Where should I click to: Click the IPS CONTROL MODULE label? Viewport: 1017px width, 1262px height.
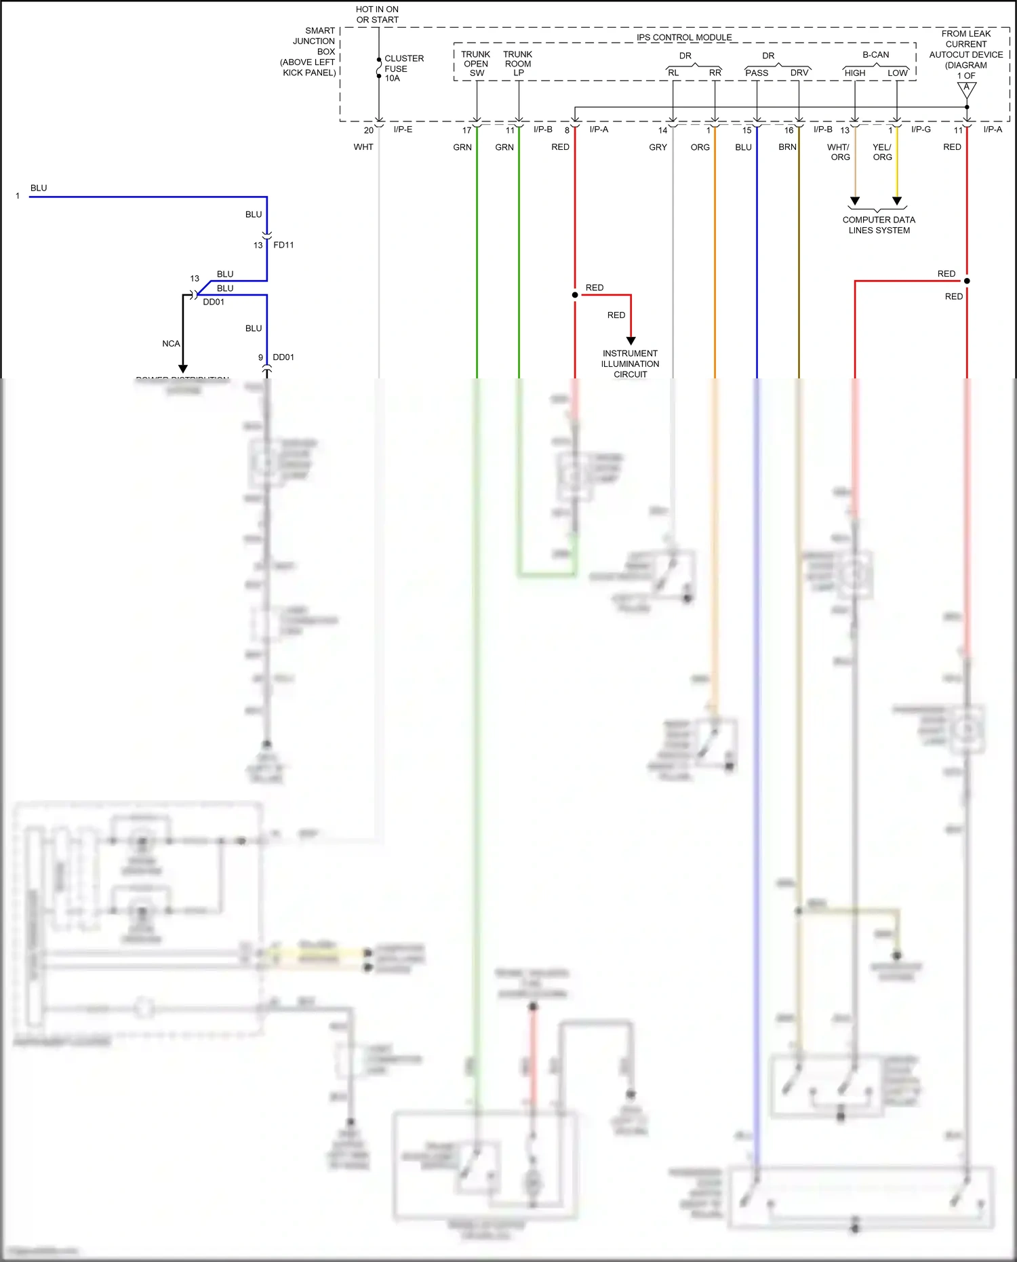pyautogui.click(x=683, y=37)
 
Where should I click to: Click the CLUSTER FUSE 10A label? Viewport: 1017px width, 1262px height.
pyautogui.click(x=403, y=68)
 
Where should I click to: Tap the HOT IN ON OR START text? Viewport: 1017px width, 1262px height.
pyautogui.click(x=377, y=14)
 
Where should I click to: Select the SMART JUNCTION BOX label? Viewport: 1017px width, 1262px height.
pyautogui.click(x=310, y=52)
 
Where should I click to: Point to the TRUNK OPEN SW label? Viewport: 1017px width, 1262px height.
pyautogui.click(x=476, y=64)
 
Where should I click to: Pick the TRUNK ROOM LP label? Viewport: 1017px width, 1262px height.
pyautogui.click(x=518, y=64)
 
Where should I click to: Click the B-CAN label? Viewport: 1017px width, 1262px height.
pyautogui.click(x=875, y=55)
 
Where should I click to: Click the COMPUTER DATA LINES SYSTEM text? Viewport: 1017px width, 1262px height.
pyautogui.click(x=879, y=225)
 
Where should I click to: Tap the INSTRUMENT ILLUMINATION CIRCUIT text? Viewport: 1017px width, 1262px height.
pyautogui.click(x=630, y=363)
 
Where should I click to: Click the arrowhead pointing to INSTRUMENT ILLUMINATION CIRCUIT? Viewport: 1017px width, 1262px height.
pyautogui.click(x=631, y=340)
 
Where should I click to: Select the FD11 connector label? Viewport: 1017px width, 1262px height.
pyautogui.click(x=283, y=245)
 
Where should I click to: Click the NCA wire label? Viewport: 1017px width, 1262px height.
pyautogui.click(x=171, y=344)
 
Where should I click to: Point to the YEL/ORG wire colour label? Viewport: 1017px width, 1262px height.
pyautogui.click(x=882, y=152)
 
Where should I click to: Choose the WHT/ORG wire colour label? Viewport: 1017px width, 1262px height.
pyautogui.click(x=839, y=152)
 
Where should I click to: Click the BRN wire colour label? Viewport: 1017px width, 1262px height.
pyautogui.click(x=787, y=147)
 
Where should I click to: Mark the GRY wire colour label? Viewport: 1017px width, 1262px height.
pyautogui.click(x=658, y=147)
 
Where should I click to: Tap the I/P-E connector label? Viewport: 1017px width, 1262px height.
pyautogui.click(x=403, y=130)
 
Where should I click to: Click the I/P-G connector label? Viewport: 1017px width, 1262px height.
pyautogui.click(x=921, y=130)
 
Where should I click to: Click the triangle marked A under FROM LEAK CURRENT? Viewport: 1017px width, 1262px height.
pyautogui.click(x=967, y=89)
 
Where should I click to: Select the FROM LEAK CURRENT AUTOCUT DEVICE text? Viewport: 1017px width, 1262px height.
pyautogui.click(x=965, y=54)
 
